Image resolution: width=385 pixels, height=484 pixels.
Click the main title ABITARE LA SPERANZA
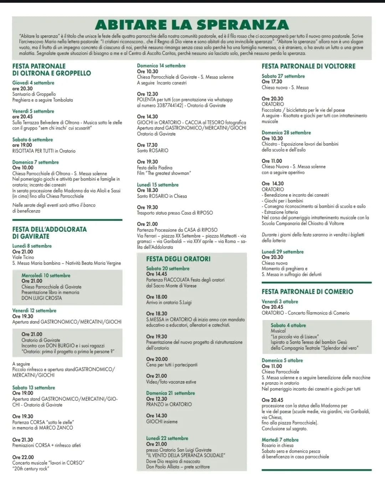coord(192,25)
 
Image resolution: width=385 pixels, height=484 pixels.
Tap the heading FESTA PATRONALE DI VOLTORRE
coord(308,66)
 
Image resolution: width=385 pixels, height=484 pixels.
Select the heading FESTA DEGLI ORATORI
coord(178,259)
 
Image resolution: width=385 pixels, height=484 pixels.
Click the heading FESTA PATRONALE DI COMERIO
coord(307,291)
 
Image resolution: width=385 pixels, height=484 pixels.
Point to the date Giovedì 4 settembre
coord(33,82)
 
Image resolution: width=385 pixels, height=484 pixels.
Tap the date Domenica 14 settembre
coord(161,66)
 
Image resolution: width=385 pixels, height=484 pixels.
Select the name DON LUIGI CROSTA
coord(41,298)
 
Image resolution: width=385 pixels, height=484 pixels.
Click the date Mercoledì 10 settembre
coord(46,275)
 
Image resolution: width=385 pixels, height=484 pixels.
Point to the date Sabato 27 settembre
coord(283,76)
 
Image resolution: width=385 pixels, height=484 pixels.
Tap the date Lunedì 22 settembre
coord(167,438)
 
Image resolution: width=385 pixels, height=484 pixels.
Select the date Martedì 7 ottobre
coord(280,440)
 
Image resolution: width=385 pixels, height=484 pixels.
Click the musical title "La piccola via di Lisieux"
coord(295,336)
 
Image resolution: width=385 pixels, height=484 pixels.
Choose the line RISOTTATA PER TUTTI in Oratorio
coord(44,151)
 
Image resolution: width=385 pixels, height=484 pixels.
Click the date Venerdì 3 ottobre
coord(279,302)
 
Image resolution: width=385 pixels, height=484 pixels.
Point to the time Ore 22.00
coord(23,457)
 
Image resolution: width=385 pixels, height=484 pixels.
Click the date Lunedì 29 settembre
coord(282,252)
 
